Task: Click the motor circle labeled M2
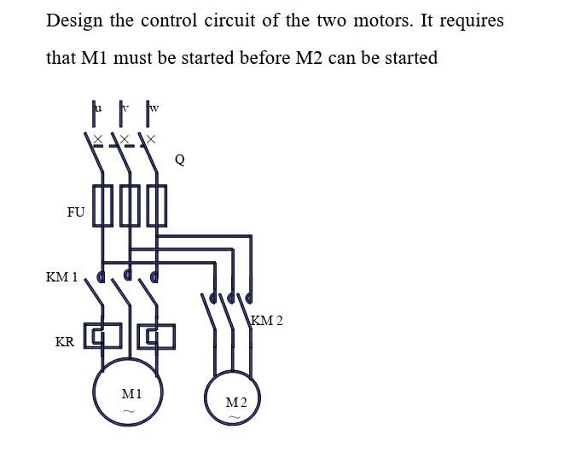click(233, 402)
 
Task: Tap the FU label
click(76, 212)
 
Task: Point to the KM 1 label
click(61, 277)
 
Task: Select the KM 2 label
click(267, 321)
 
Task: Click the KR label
click(64, 342)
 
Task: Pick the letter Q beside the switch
click(179, 159)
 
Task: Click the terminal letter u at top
click(97, 107)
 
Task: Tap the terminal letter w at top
click(154, 107)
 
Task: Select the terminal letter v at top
click(125, 107)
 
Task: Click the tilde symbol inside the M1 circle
click(129, 411)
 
